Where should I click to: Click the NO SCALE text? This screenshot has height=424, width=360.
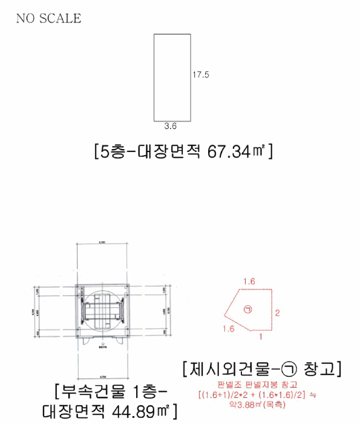coord(48,18)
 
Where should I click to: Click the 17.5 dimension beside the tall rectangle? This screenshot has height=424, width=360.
coord(201,75)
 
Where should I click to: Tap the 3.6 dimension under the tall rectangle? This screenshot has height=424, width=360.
coord(170,127)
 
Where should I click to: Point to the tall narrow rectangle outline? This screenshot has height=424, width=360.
coord(172,77)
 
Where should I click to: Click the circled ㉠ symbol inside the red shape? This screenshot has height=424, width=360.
coord(247,309)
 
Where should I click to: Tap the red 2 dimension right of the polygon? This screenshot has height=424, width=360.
coord(277,313)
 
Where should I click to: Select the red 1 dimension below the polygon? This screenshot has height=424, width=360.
coord(260,336)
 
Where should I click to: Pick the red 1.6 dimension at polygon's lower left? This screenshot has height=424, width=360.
coord(228,329)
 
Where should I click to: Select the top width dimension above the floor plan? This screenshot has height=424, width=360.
coord(102,243)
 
